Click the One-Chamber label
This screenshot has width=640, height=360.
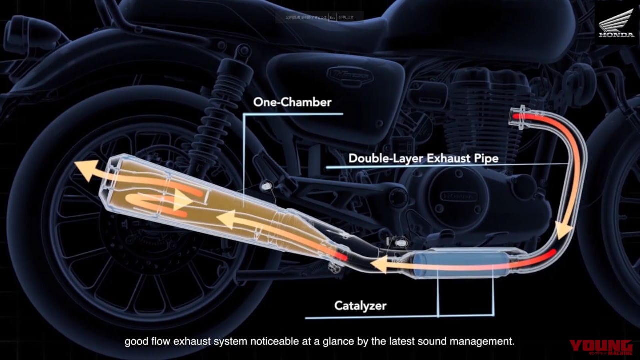tap(292, 102)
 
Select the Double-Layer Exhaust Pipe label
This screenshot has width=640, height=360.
tap(423, 159)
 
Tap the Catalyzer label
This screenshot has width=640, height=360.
tap(360, 305)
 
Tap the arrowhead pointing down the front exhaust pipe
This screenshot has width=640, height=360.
tap(564, 231)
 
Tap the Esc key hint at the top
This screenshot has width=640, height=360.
tap(333, 17)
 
